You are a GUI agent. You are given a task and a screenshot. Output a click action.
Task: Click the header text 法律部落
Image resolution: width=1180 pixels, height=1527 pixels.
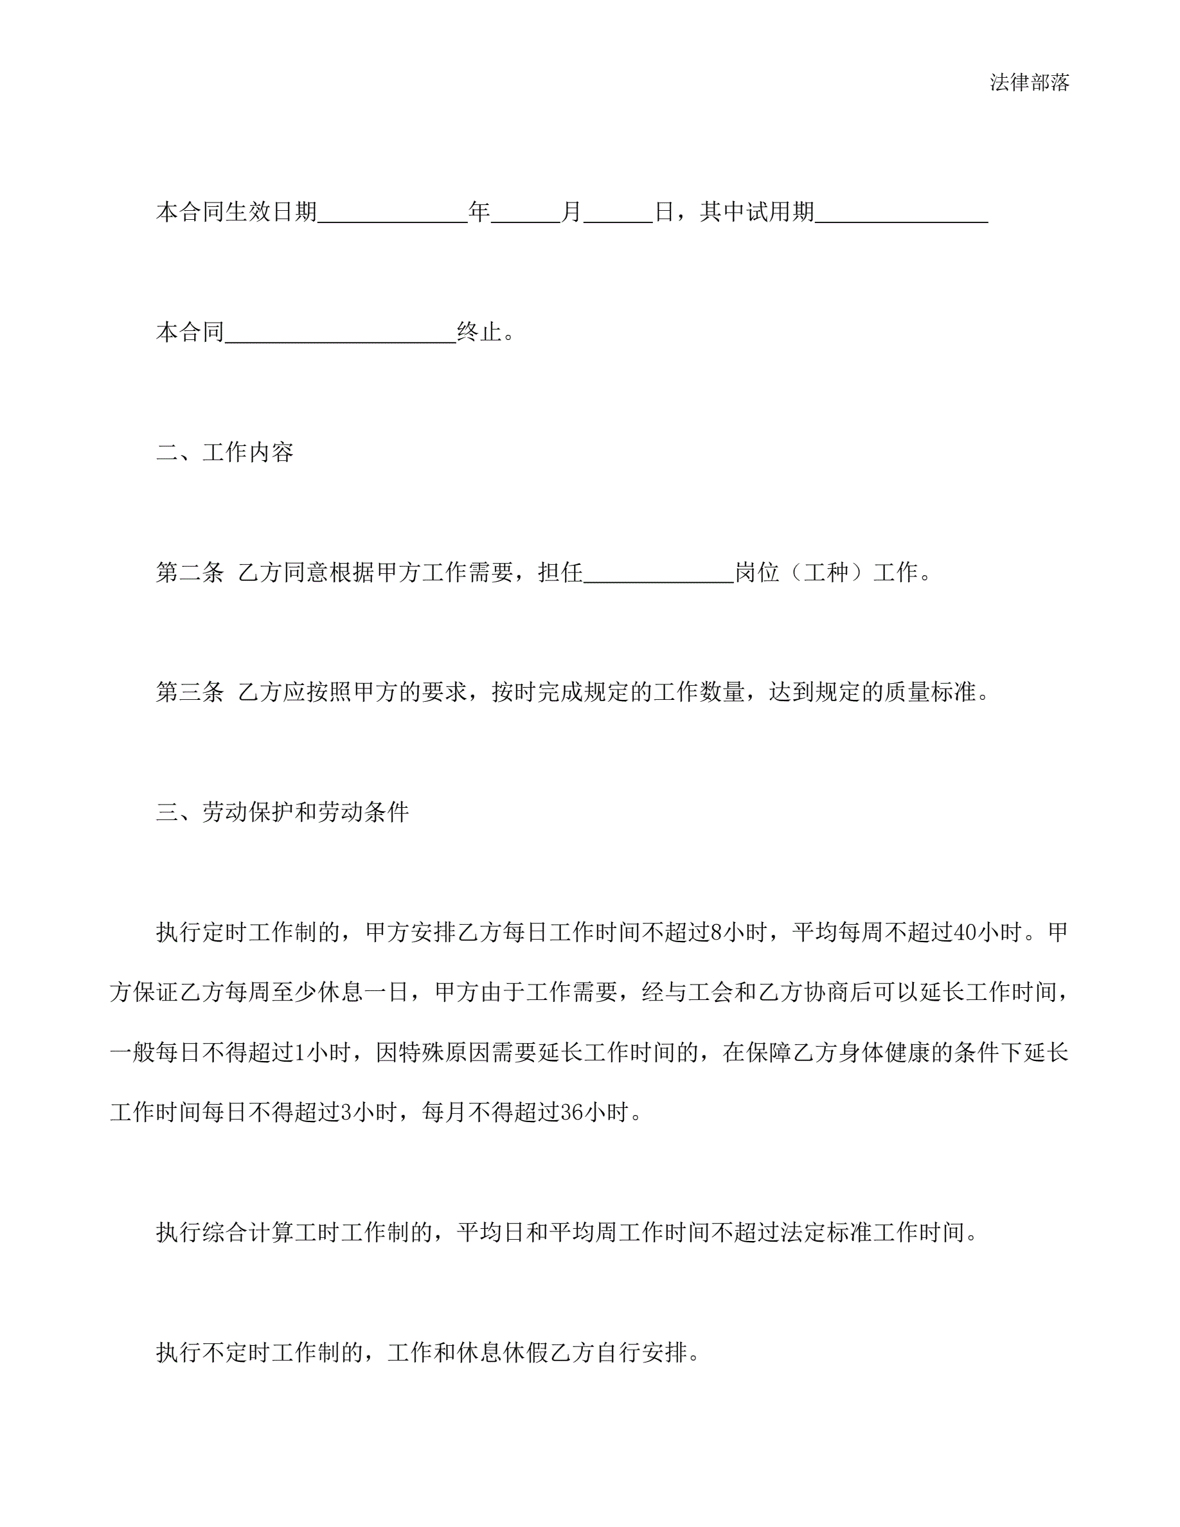coord(1029,82)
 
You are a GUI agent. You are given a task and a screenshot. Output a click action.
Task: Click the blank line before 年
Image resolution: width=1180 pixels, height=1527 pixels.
coord(392,213)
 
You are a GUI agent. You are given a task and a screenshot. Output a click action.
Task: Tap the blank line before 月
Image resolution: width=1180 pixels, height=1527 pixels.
coord(526,213)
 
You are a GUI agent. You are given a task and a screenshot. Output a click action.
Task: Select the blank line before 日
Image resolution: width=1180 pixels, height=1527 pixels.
coord(618,213)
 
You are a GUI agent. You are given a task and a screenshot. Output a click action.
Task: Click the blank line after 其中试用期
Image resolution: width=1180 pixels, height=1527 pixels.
coord(901,213)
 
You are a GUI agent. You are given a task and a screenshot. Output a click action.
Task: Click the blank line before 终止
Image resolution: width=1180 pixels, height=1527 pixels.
coord(341,334)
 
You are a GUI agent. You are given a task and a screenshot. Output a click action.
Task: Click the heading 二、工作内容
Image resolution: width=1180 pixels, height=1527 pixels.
coord(224,452)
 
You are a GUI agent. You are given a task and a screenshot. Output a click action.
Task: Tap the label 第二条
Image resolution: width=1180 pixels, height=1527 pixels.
coord(190,573)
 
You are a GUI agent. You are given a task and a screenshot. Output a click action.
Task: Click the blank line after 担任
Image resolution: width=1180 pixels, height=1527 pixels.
coord(659,575)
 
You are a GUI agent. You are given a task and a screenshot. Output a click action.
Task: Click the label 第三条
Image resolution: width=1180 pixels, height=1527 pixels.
coord(190,692)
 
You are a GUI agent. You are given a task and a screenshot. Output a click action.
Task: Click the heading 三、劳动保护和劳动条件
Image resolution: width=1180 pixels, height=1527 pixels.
coord(282,812)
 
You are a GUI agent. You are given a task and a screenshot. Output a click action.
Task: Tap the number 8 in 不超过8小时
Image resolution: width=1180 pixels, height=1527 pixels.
coord(716,933)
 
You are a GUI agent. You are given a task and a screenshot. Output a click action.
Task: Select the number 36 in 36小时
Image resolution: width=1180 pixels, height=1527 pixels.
coord(572,1112)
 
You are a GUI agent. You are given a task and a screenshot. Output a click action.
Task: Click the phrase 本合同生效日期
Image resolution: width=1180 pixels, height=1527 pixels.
coord(237,211)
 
